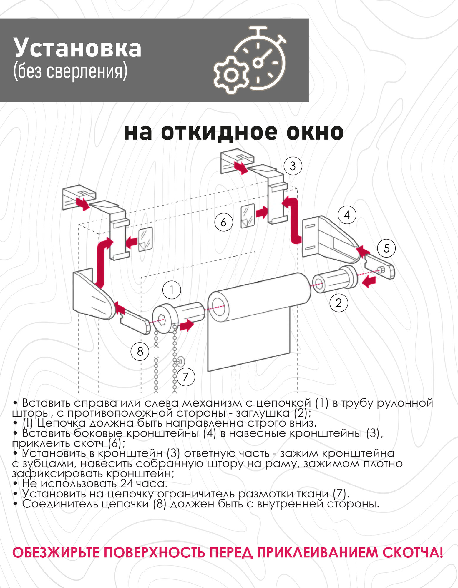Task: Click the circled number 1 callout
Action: pos(172,290)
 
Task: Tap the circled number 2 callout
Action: pos(338,303)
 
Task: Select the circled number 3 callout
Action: pos(293,166)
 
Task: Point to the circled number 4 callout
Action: pos(347,215)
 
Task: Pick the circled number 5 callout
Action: pos(386,248)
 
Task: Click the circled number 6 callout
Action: pos(223,222)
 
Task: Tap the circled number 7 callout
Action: pos(185,377)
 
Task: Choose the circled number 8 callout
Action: pos(140,351)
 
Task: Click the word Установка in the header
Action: pos(77,48)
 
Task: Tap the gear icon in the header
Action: pos(231,75)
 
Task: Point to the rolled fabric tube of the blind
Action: pos(259,297)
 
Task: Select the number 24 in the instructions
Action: pos(126,483)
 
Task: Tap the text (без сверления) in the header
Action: pos(70,71)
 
